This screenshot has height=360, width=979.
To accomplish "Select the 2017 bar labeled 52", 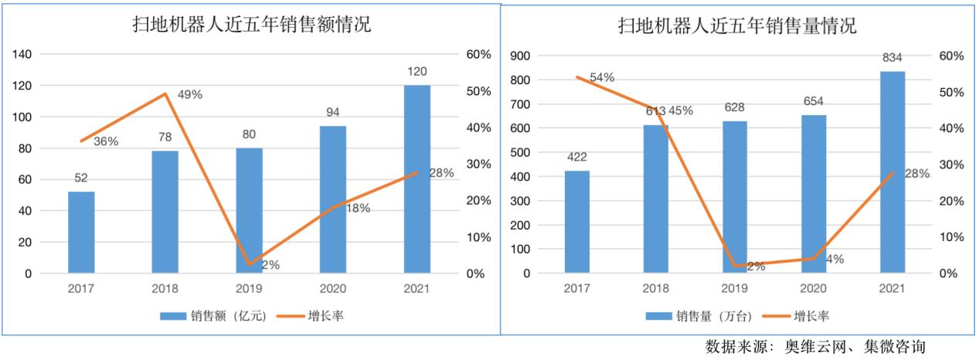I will (81, 232).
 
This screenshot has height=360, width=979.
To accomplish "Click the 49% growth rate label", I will (189, 95).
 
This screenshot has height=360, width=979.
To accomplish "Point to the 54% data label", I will (601, 77).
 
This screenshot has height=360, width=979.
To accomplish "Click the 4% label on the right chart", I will (834, 260).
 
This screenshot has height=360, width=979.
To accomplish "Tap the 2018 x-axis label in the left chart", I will (165, 289).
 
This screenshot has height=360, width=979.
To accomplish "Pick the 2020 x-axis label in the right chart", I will (813, 289).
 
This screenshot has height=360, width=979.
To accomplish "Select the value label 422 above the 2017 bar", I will (576, 158).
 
